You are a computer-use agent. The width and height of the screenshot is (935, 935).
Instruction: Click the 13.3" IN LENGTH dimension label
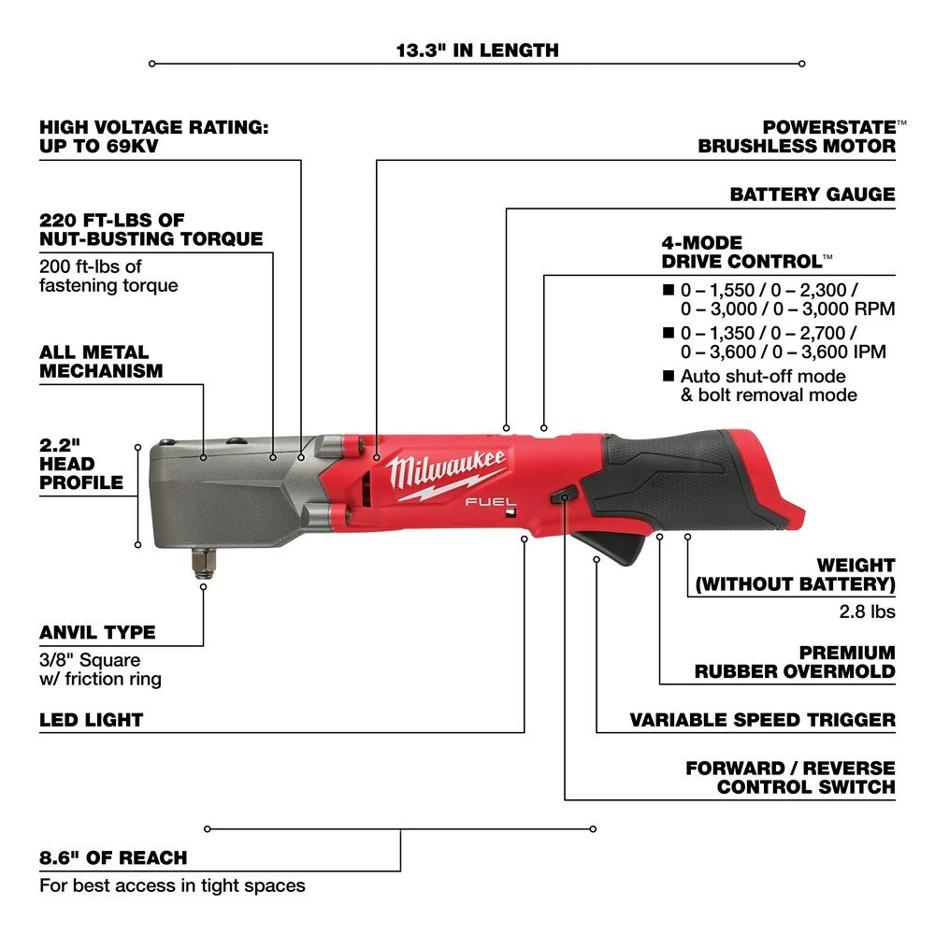click(477, 50)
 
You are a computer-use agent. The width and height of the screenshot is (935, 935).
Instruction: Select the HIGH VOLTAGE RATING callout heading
click(153, 137)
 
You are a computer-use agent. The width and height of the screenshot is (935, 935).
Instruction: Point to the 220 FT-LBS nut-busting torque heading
click(151, 230)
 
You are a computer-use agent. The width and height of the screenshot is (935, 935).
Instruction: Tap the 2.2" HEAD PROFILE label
click(80, 463)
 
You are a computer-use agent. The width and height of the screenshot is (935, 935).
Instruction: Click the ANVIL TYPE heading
click(97, 632)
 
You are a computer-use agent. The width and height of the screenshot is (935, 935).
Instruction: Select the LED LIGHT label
click(91, 720)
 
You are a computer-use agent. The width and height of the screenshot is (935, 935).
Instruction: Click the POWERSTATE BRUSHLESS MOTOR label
click(797, 137)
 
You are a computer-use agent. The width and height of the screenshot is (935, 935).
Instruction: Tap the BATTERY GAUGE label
click(813, 194)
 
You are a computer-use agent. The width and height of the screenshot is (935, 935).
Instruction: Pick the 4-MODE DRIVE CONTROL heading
click(746, 252)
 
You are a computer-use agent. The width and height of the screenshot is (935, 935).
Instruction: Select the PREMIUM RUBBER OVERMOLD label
click(795, 661)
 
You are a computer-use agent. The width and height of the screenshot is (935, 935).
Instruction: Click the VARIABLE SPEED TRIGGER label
click(762, 720)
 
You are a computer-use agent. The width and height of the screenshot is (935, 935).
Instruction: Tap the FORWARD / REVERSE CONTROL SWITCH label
click(790, 777)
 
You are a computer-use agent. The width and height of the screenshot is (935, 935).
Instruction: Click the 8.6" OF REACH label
click(113, 857)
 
